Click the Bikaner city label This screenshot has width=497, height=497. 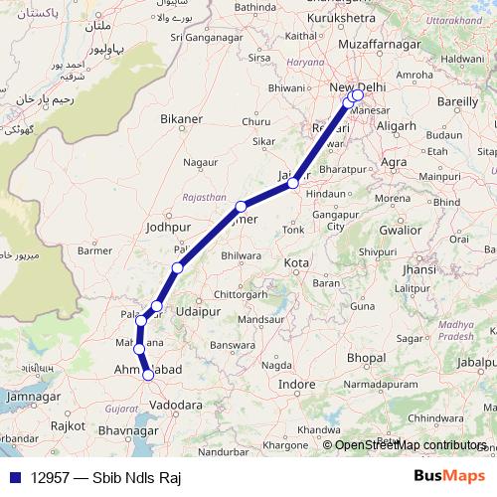[181, 119]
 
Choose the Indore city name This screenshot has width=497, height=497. [296, 384]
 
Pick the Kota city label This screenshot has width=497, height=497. [296, 263]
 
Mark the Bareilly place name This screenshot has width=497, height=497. [457, 101]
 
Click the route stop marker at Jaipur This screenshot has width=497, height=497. [293, 183]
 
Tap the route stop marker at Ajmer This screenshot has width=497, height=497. [241, 207]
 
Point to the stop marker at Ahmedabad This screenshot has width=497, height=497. [148, 375]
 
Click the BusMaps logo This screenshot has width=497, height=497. [451, 476]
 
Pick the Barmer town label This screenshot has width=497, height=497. [96, 251]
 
